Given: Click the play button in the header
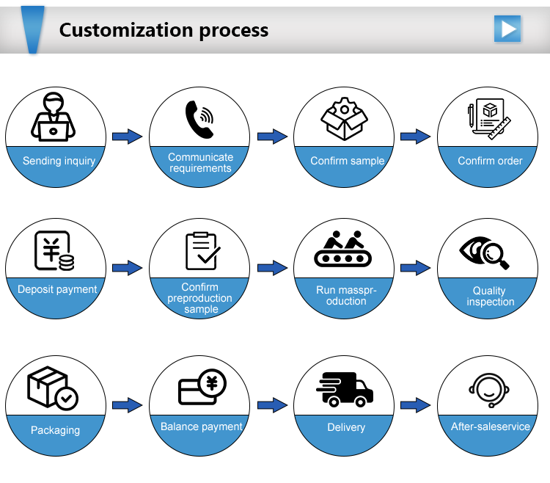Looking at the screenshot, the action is coord(507,29).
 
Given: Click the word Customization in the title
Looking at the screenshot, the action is coord(126,30).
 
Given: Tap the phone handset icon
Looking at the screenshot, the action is coord(199,120).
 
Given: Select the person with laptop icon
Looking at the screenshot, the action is coord(53,117).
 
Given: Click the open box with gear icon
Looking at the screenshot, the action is coord(344,119).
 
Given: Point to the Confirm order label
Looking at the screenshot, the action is coord(490,161).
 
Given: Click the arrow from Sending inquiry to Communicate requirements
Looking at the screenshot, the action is coord(128,137).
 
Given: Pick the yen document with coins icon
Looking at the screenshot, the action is coord(54,250).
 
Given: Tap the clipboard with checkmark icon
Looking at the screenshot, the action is coord(202,251).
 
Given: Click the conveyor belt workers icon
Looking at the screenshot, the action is coord(342,249).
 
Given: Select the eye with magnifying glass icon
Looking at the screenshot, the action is coord(485,253).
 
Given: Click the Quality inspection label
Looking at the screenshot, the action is coord(490,296).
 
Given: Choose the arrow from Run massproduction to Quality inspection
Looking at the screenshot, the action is coord(415,268).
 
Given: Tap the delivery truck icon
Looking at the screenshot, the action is coord(345,390).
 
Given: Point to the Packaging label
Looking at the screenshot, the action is coord(56,430).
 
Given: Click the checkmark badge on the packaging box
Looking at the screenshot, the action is coord(67,399).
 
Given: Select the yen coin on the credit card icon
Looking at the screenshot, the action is coord(212,383).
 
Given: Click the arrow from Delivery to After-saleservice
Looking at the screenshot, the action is coord(415,405).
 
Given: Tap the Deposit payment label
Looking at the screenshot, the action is coord(57,289).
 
